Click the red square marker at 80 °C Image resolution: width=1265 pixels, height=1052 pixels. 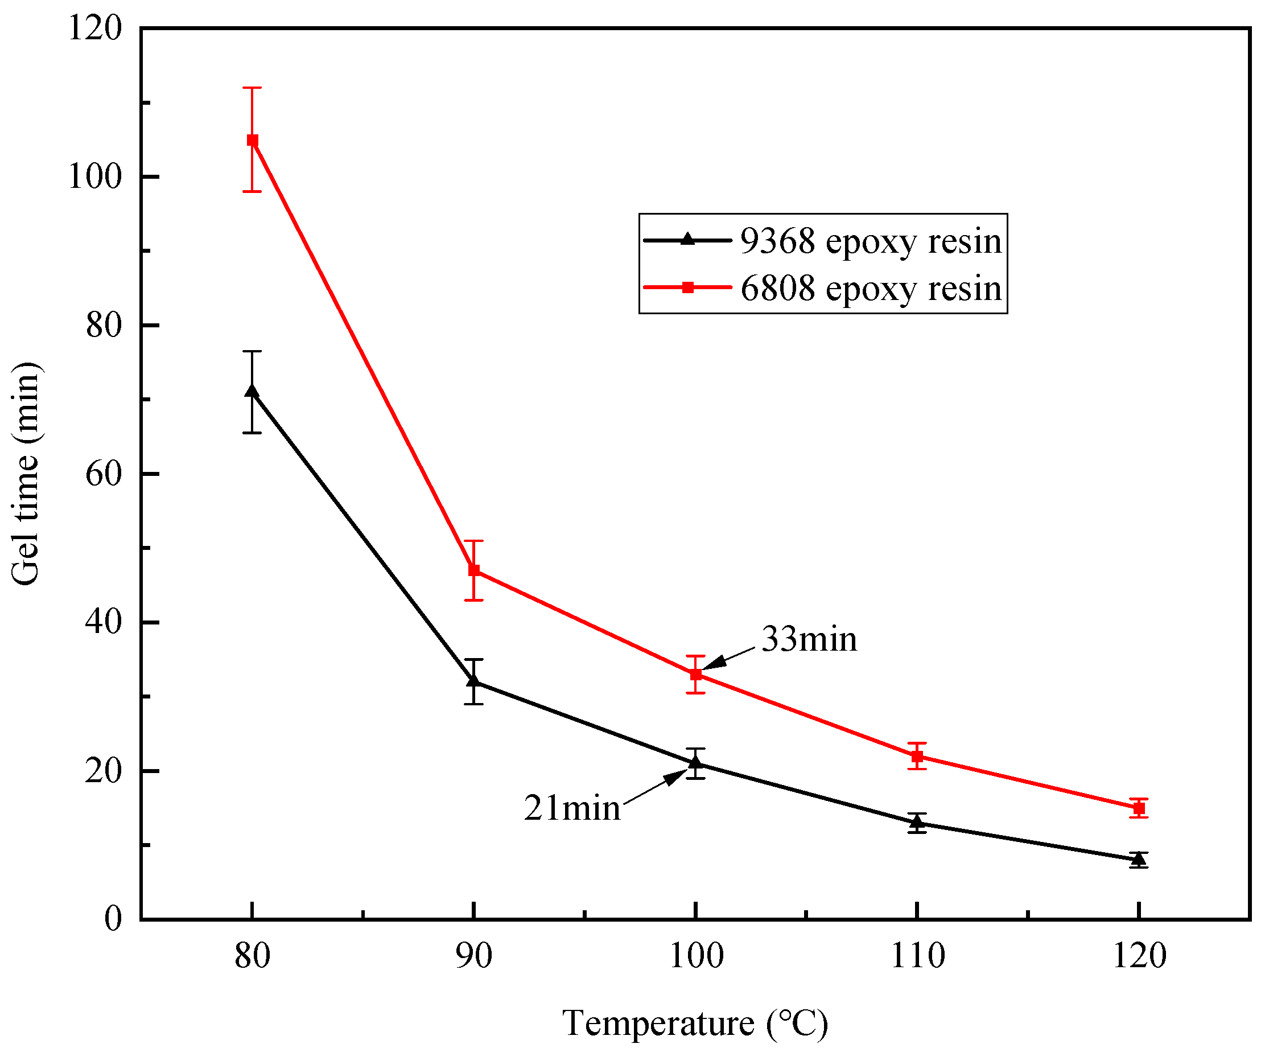click(253, 141)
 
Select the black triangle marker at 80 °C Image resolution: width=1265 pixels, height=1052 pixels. click(253, 392)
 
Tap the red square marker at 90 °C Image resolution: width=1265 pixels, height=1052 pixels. click(474, 570)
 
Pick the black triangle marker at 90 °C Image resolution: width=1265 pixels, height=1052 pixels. click(474, 681)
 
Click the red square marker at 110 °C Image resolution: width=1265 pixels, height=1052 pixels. click(917, 756)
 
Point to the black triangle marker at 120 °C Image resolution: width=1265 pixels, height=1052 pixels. click(1138, 858)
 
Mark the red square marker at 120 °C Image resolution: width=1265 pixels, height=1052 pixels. click(1138, 808)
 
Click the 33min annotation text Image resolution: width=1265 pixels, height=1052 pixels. click(809, 639)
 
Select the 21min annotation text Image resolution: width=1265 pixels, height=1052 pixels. click(572, 808)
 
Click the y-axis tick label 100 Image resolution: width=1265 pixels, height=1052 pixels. click(94, 177)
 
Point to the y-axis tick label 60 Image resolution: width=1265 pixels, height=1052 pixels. click(103, 474)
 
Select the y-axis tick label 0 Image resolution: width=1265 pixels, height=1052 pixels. click(113, 919)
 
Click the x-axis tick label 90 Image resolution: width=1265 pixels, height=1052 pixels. click(474, 956)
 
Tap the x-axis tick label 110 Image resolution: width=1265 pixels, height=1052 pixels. click(917, 956)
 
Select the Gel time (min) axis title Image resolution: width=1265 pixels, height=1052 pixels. click(25, 474)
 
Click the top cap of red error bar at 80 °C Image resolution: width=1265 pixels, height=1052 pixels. click(253, 88)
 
